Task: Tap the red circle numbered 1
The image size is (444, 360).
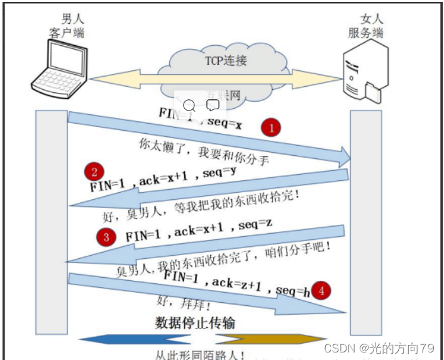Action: (x=271, y=128)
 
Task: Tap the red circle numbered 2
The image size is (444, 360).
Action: (x=94, y=172)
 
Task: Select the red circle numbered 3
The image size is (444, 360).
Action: (x=106, y=236)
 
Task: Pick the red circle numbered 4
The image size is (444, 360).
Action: (x=321, y=290)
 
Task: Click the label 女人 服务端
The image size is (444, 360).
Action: (x=365, y=26)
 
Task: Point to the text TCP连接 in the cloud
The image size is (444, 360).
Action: (x=226, y=61)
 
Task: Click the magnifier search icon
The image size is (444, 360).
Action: (x=189, y=105)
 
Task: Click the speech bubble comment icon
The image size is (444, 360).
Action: (x=213, y=105)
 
